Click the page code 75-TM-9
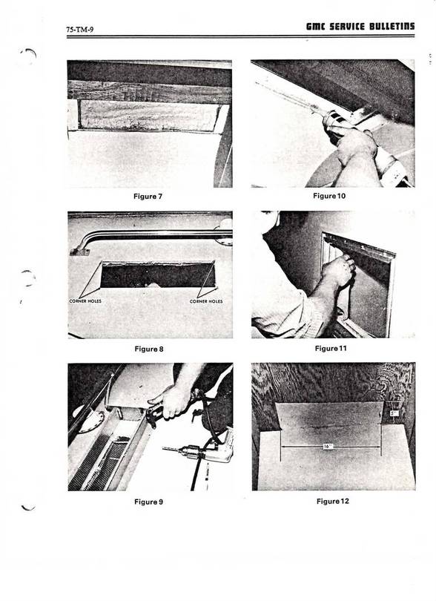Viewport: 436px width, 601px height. click(80, 29)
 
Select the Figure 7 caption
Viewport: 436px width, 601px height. click(148, 197)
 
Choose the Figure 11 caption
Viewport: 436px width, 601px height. click(331, 348)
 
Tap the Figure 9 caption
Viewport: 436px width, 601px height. click(148, 502)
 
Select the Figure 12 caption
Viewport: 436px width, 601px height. click(331, 501)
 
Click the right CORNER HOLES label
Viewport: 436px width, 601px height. click(206, 300)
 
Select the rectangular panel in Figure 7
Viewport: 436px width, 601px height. click(145, 116)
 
